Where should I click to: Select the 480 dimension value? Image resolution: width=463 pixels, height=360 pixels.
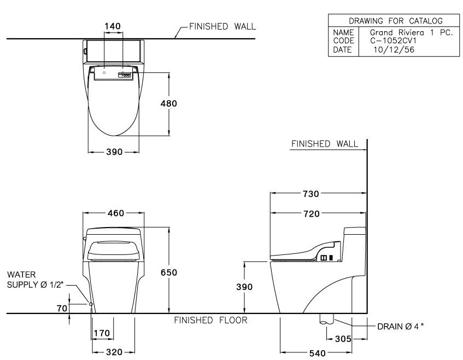click(169, 103)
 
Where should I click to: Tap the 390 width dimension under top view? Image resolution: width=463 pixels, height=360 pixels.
click(114, 152)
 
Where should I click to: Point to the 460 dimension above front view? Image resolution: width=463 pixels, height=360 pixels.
click(115, 213)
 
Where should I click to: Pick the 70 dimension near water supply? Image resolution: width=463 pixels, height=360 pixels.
click(62, 308)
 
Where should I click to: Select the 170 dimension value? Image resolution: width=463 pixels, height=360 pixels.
click(102, 333)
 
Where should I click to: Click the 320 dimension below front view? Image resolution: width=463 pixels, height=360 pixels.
click(114, 352)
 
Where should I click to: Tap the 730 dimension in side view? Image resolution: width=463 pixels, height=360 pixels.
click(310, 194)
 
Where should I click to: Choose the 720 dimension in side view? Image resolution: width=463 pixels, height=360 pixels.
click(310, 214)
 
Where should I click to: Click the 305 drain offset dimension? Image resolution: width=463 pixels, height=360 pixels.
click(343, 339)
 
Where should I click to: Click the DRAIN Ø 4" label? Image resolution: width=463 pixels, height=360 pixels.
click(400, 326)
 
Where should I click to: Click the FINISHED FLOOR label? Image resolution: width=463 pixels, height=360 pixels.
click(210, 321)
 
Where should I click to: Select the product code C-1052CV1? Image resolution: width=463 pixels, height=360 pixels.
click(389, 40)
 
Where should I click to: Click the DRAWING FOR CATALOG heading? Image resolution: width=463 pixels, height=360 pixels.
click(391, 21)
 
